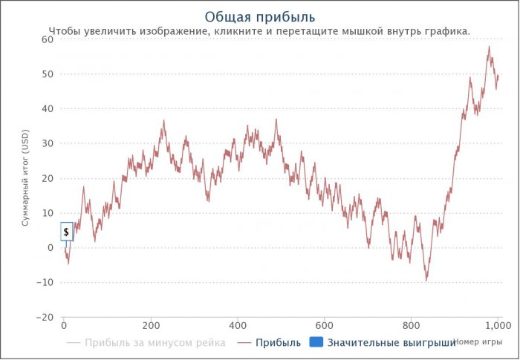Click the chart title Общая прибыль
coord(259,16)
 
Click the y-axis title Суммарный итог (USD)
coord(25,177)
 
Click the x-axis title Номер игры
coord(478,341)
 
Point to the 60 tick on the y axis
coord(48,39)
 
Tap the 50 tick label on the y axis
coord(48,74)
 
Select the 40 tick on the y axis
coord(48,108)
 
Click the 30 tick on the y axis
coord(48,143)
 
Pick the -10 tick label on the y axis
coord(45,282)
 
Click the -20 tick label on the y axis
coord(45,317)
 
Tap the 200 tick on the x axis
coord(151,325)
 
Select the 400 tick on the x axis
coord(238,325)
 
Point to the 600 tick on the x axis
coord(325,325)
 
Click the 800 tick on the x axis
coord(412,325)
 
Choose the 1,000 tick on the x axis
coord(497,325)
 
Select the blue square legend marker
coord(315,342)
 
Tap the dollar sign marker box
coord(66,232)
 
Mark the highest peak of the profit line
coord(489,47)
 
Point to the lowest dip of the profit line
coord(426,281)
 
